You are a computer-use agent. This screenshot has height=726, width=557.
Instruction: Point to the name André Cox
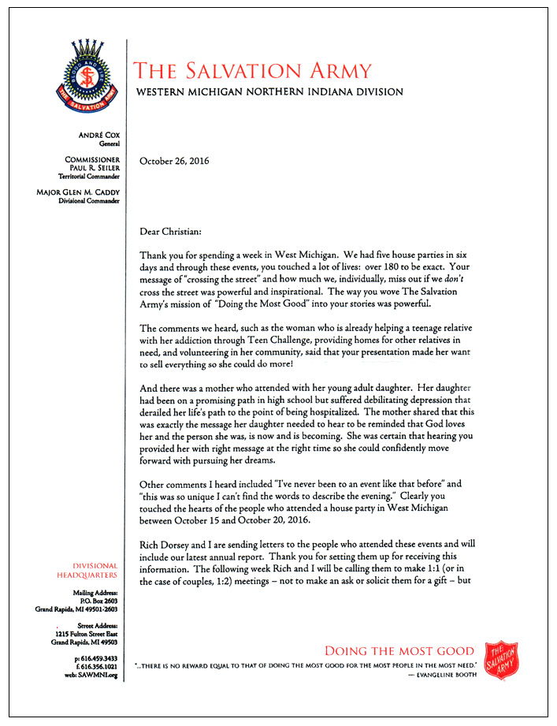[99, 136]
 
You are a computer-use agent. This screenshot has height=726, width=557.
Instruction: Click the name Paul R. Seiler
[98, 167]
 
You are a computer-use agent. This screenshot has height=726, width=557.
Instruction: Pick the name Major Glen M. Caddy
[79, 192]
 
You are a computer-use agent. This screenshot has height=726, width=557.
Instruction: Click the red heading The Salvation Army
[253, 71]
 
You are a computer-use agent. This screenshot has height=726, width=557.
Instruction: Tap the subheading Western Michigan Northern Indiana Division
[269, 92]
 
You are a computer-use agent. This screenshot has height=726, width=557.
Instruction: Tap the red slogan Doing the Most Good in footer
[399, 651]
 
